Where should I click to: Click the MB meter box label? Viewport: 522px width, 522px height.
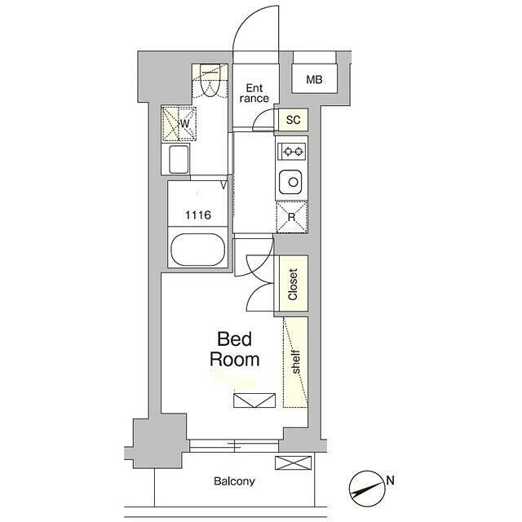point(314,80)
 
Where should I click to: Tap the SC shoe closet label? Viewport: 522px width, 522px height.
point(293,120)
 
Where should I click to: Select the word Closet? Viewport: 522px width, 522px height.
point(293,285)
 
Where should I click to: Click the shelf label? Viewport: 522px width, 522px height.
point(295,361)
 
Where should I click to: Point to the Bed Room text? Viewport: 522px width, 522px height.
point(234,349)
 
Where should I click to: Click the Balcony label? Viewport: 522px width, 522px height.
point(234,481)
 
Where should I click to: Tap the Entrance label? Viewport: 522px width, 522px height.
point(254,93)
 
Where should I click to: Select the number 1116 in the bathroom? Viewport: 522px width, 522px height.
point(198,215)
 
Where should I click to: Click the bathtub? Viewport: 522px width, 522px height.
point(197,250)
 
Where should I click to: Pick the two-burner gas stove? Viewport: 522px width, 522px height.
point(292,152)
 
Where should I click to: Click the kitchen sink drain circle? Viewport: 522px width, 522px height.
point(294,182)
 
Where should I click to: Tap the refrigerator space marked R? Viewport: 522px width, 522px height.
point(292,217)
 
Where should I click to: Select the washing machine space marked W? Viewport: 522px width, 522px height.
point(179,123)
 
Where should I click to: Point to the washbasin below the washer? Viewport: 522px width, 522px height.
point(179,160)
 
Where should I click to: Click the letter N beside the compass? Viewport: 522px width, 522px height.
point(390,480)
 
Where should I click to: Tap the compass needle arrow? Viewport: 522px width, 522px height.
point(367,489)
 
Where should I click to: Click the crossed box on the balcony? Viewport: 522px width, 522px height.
point(294,462)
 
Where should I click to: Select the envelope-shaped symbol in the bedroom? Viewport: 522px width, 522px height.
point(254,400)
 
